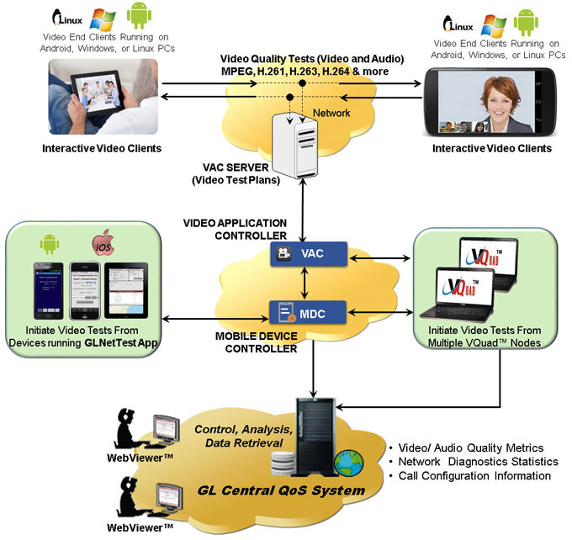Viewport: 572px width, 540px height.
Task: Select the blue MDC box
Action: tap(296, 313)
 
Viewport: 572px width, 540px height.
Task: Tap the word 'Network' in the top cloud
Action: tap(332, 112)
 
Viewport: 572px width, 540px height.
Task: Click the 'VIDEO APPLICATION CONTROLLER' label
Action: tap(235, 230)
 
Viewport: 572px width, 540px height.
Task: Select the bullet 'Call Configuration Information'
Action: tap(470, 476)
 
